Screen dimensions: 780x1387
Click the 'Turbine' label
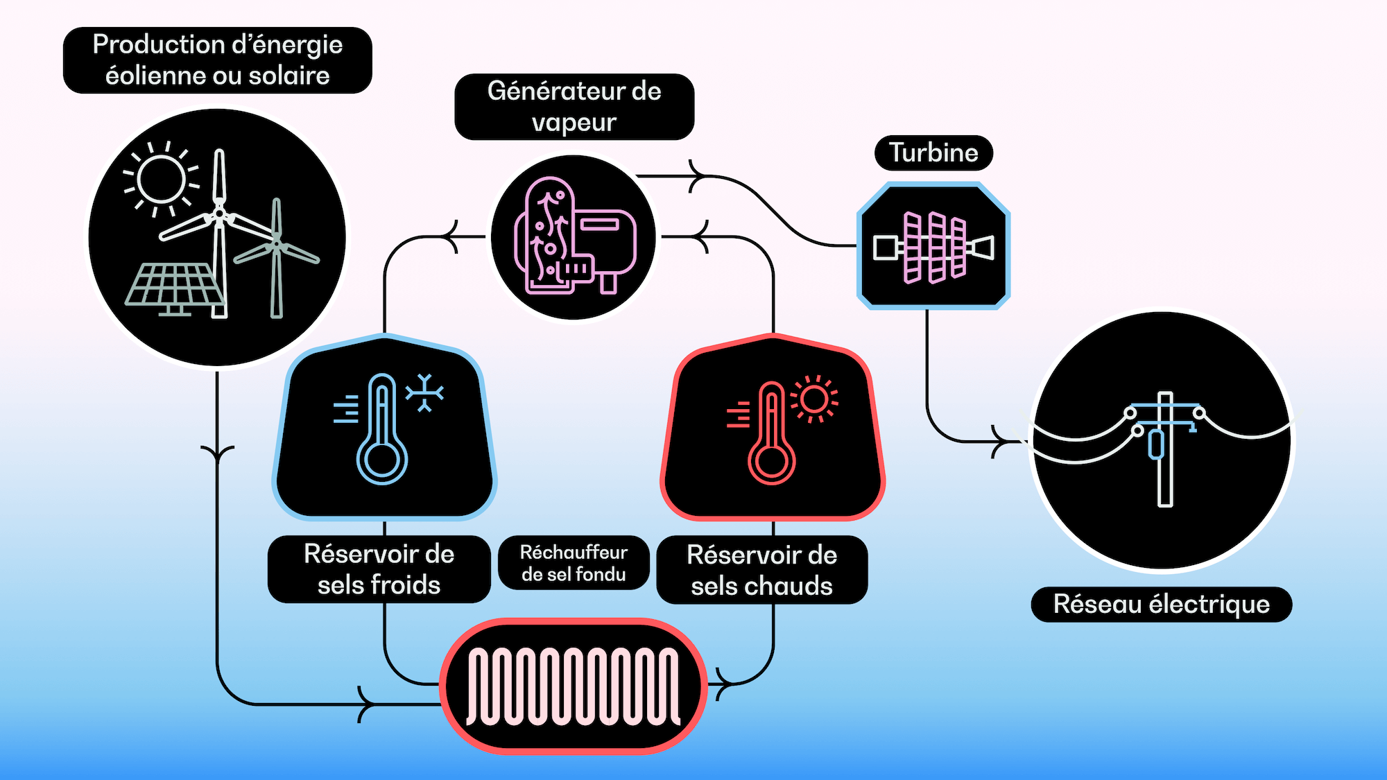coord(933,153)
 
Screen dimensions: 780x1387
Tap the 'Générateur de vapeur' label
coord(574,107)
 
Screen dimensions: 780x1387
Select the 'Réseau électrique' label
coord(1161,604)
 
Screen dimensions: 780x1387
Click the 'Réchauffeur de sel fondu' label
coord(574,563)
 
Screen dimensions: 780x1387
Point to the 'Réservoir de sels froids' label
coord(379,569)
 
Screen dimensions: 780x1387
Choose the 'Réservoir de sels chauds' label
coord(761,570)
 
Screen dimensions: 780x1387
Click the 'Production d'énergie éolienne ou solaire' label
coord(217,60)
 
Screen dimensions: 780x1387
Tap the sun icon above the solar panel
coord(161,179)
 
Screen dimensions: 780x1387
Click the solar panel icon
coord(173,286)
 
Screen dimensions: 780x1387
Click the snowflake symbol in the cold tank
coord(424,393)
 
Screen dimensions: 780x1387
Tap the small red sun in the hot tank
coord(814,399)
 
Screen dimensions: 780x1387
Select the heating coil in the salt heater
coord(573,686)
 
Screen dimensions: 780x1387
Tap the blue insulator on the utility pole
coord(1156,445)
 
